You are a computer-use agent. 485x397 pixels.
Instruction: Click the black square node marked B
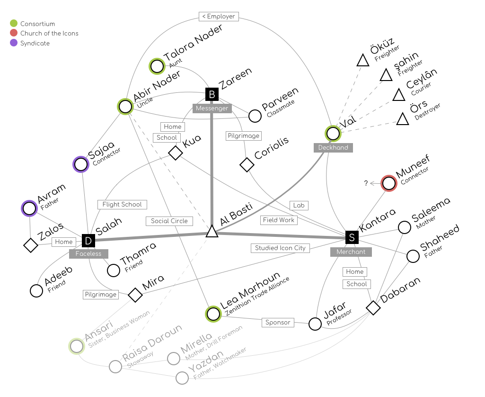(212, 94)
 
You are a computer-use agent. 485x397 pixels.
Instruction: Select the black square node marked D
(88, 241)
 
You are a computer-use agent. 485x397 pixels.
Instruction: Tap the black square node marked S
(352, 237)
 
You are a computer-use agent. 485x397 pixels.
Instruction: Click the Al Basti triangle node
(212, 232)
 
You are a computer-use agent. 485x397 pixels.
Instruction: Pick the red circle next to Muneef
(388, 183)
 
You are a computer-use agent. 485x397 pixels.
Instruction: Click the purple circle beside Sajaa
(81, 164)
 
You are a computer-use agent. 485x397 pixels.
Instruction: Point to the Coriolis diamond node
(247, 165)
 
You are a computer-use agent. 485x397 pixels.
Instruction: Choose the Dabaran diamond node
(373, 307)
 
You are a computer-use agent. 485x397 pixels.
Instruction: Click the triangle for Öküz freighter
(363, 61)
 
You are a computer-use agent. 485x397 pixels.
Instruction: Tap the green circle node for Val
(333, 134)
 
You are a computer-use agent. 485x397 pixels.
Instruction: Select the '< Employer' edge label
(218, 17)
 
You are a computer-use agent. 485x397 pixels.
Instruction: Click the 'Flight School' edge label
(122, 205)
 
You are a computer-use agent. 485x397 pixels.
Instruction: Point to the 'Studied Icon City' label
(280, 248)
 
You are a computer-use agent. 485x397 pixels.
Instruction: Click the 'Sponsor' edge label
(278, 323)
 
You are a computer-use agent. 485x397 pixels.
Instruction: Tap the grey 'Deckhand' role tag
(333, 148)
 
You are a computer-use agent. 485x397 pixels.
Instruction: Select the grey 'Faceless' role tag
(88, 254)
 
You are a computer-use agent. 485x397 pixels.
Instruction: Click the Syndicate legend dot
(14, 43)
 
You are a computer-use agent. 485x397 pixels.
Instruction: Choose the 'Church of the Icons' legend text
(49, 33)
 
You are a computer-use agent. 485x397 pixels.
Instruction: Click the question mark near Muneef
(366, 183)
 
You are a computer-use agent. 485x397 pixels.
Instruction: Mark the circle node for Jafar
(315, 324)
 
